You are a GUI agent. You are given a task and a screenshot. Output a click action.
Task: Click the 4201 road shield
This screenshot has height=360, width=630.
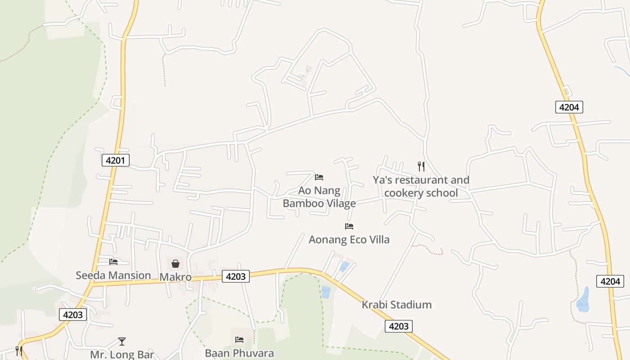click(116, 160)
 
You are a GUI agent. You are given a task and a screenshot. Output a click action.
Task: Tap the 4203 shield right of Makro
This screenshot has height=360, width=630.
click(235, 276)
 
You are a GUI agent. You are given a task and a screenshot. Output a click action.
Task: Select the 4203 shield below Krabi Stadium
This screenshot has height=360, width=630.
click(398, 326)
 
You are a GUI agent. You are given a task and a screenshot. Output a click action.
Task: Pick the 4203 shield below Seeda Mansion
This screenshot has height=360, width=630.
click(72, 315)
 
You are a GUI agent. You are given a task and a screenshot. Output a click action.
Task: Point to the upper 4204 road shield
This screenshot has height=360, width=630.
click(569, 107)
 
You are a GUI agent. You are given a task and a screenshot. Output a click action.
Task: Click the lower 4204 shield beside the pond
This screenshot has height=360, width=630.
click(610, 281)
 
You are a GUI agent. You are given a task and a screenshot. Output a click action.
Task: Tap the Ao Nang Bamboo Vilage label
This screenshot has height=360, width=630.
click(319, 197)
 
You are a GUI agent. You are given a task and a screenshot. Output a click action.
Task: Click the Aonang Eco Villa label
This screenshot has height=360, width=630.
click(349, 239)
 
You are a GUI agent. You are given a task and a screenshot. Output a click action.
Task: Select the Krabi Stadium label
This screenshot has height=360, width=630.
click(396, 305)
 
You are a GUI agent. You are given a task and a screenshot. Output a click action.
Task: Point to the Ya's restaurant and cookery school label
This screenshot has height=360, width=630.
click(421, 186)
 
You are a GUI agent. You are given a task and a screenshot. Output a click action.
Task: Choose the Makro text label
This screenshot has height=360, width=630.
click(175, 277)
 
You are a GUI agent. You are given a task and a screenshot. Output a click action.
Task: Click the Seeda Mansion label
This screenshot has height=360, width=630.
click(113, 275)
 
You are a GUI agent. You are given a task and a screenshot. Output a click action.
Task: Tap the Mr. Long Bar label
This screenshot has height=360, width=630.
click(122, 354)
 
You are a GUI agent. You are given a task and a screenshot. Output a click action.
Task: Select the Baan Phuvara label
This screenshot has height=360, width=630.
click(239, 353)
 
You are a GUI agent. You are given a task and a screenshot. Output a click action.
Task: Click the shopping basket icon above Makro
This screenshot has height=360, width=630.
click(175, 264)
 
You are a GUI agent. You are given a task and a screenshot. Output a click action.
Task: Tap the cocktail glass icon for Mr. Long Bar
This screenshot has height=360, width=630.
click(122, 342)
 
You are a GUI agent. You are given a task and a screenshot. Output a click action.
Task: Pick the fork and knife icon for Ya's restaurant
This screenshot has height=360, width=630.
click(421, 166)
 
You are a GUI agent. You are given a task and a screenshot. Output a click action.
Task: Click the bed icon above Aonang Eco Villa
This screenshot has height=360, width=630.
click(349, 226)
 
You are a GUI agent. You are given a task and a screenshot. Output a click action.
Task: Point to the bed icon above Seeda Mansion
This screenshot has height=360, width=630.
click(113, 261)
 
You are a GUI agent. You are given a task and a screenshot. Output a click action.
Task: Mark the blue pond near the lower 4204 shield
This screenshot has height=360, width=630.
click(583, 300)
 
